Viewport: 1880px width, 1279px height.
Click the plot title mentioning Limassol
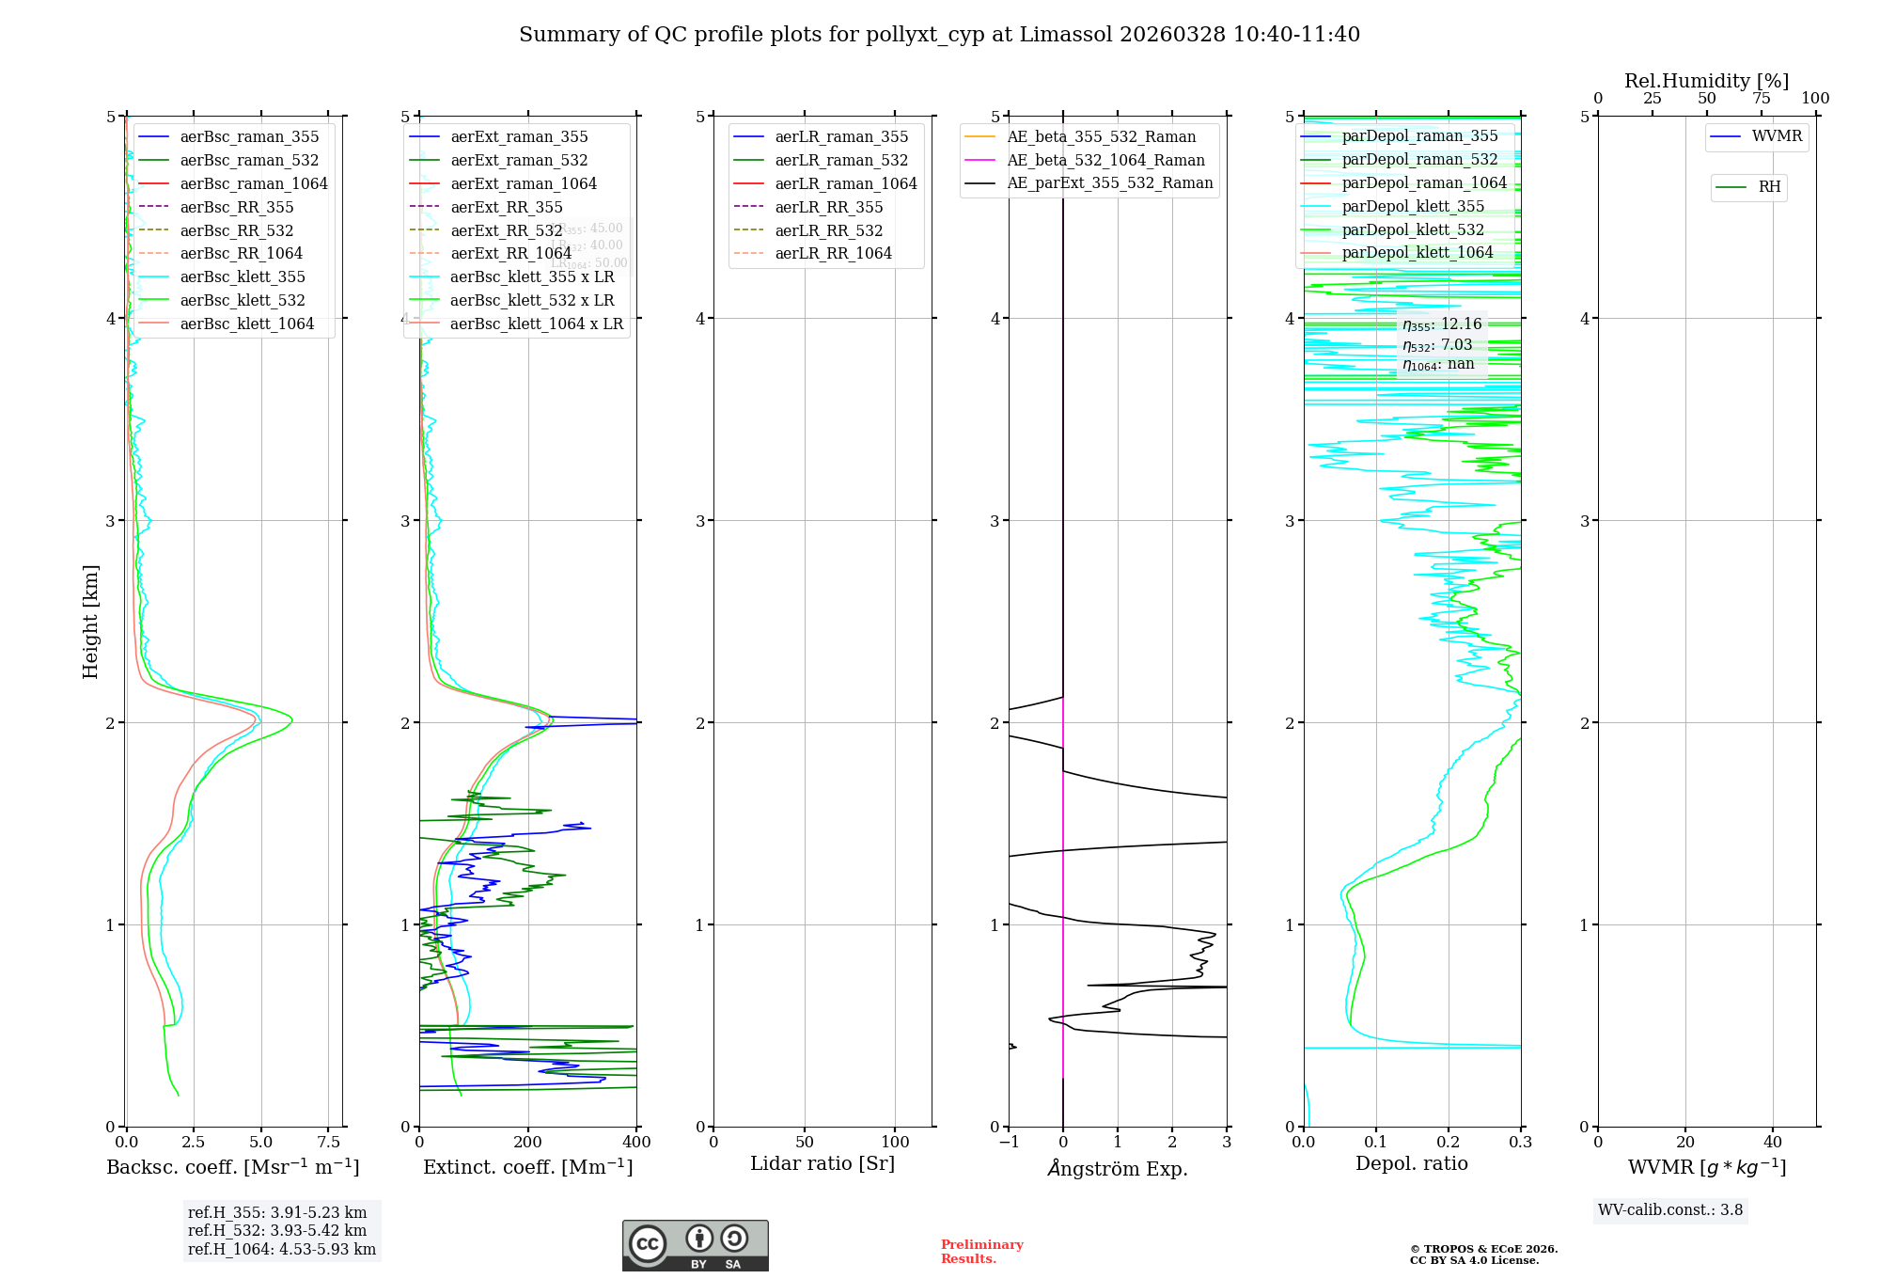939,35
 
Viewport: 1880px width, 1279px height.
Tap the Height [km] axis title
90,622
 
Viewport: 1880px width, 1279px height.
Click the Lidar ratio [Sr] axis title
822,1164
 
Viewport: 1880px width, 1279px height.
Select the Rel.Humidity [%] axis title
1706,81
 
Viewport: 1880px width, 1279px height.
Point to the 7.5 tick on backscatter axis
328,1143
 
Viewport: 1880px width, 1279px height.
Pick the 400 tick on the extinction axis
636,1143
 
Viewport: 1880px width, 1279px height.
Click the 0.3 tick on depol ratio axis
1520,1143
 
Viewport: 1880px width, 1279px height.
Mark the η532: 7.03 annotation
1437,345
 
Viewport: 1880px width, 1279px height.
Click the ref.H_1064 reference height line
282,1250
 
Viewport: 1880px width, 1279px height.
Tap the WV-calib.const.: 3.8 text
1670,1210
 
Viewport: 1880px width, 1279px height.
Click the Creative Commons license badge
695,1246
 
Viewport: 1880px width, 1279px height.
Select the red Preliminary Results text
981,1252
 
